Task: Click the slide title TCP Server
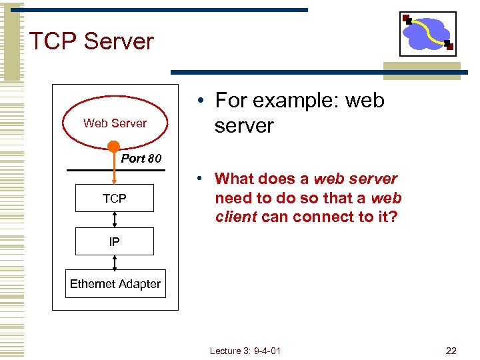(91, 41)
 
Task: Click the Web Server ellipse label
(115, 123)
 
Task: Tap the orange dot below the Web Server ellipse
(114, 147)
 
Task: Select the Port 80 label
(141, 159)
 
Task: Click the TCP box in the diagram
(114, 198)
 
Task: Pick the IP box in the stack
(114, 241)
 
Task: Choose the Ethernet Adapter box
(115, 284)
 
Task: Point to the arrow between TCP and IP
(115, 219)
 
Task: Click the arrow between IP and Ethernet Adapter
(115, 263)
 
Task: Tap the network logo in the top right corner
(427, 33)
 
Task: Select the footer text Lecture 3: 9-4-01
(245, 351)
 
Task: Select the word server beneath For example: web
(244, 126)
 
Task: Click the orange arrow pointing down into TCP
(114, 170)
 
